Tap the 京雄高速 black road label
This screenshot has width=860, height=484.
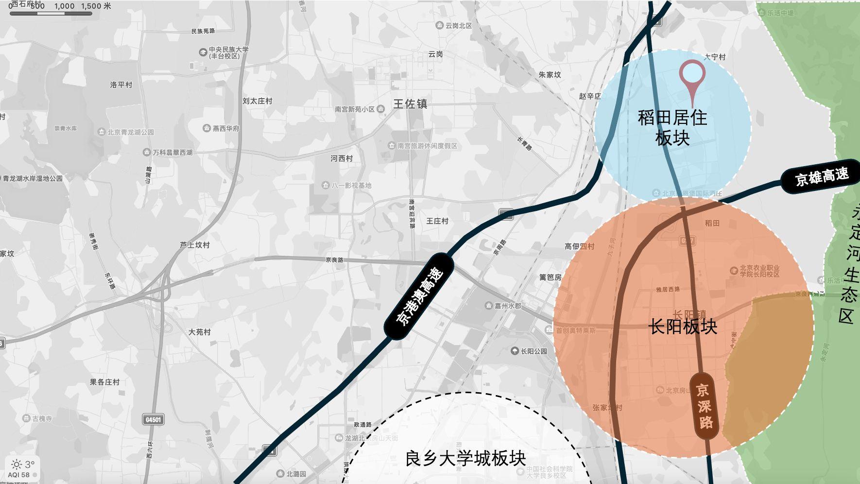pos(821,176)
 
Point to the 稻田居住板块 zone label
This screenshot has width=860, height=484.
pos(672,128)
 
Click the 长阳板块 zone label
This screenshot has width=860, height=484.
pos(683,327)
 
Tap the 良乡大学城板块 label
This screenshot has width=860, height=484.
pos(465,458)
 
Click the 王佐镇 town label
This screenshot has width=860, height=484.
pos(410,104)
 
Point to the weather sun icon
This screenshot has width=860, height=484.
pos(16,465)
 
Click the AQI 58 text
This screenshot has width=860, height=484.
pos(19,475)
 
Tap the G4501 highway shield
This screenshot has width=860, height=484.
pos(154,419)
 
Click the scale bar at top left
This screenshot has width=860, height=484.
pos(51,13)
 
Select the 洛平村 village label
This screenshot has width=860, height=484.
pos(121,85)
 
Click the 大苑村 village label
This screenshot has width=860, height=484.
pos(200,332)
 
